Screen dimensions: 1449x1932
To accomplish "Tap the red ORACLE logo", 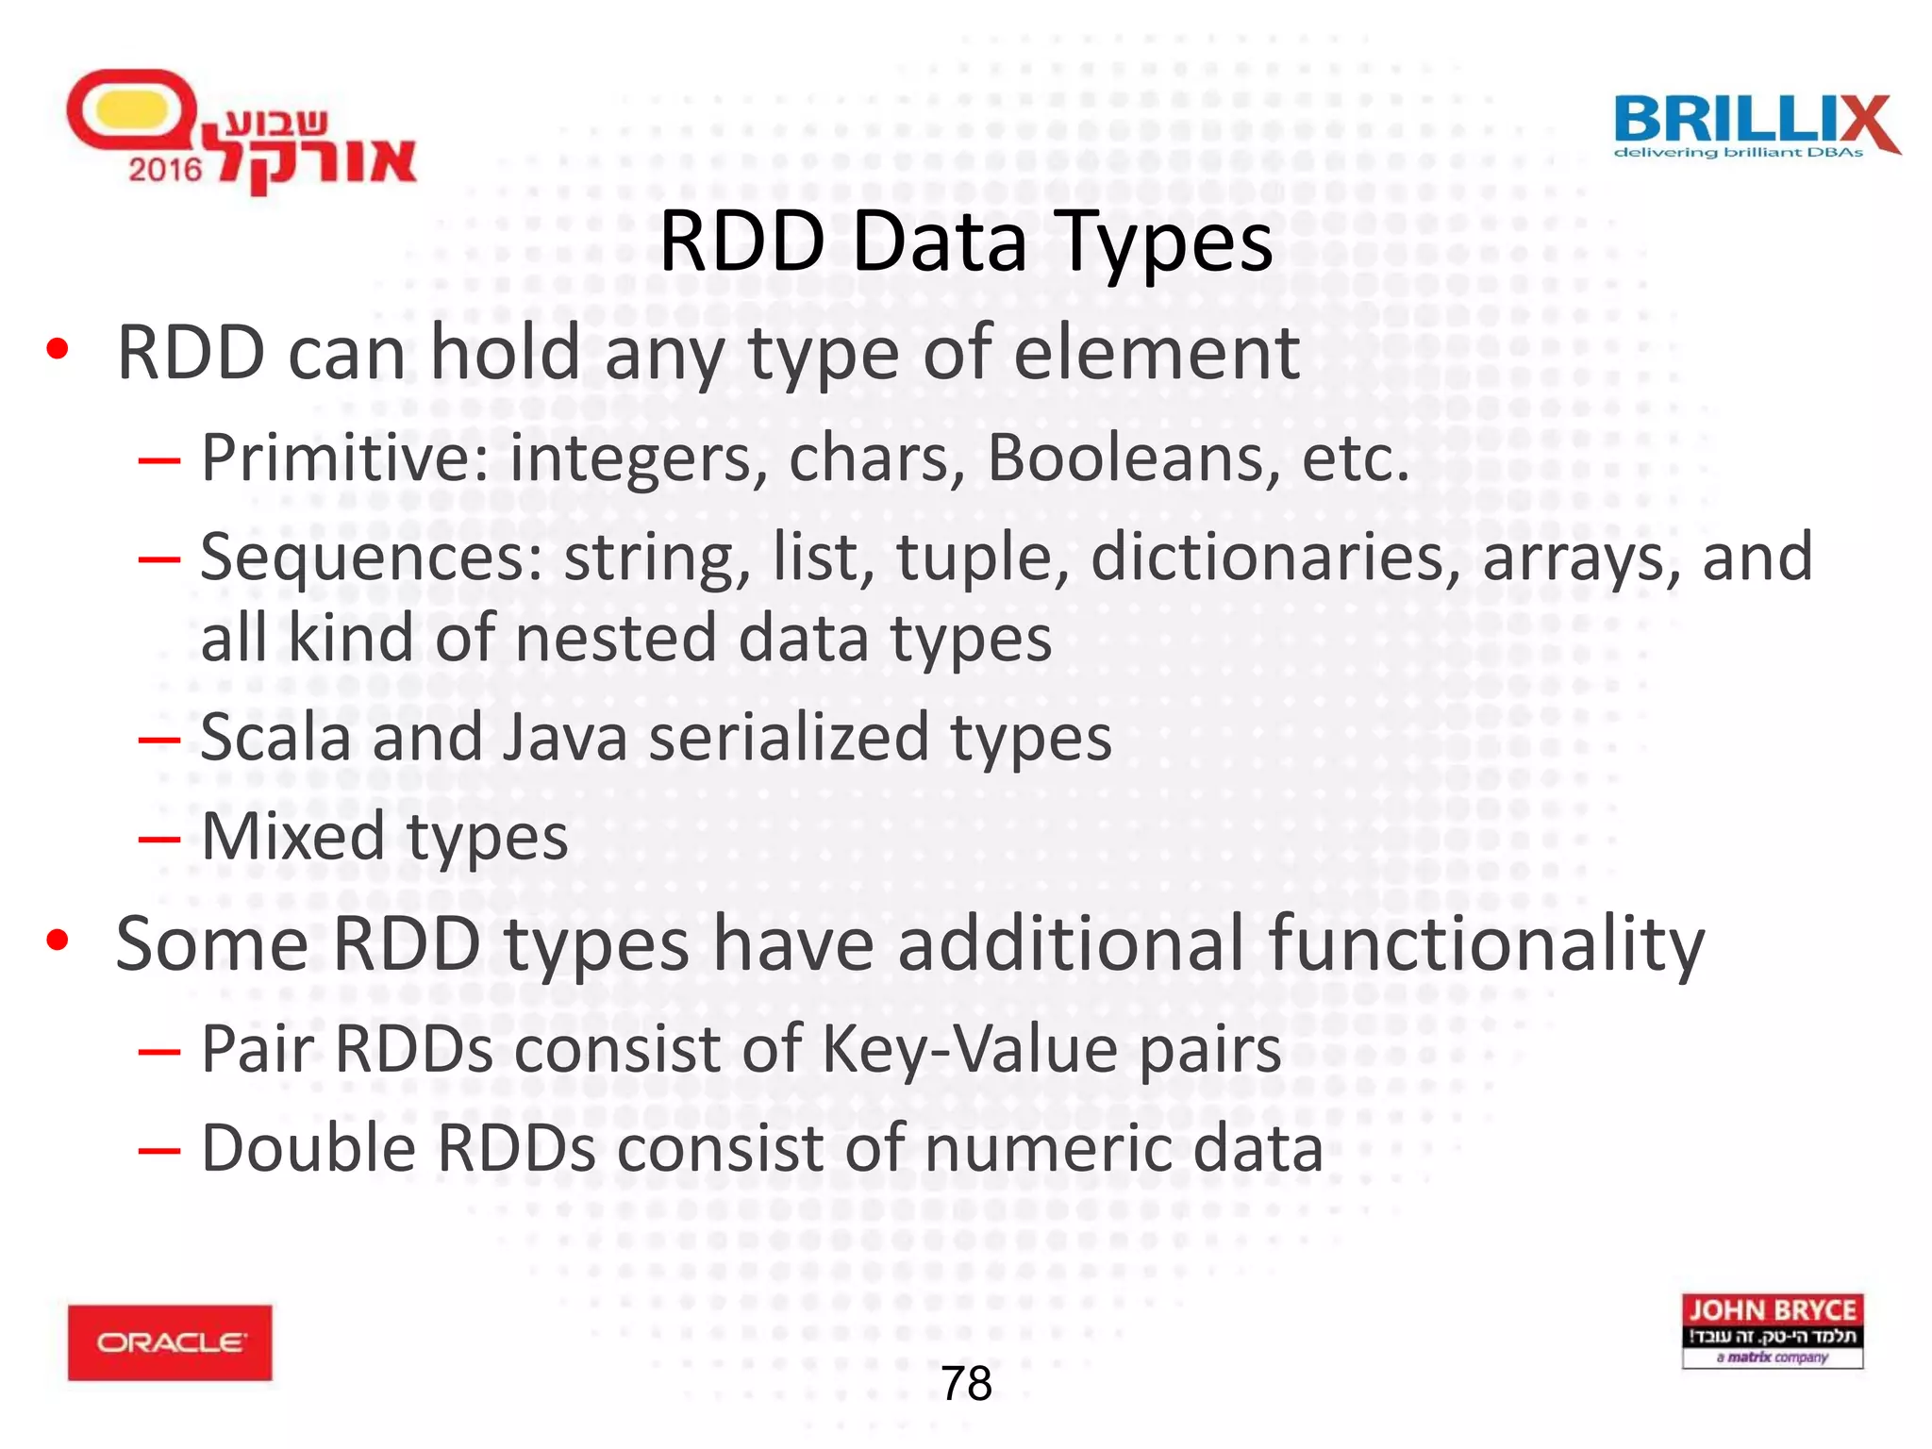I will [x=170, y=1342].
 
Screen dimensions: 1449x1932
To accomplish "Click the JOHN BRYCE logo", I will [x=1772, y=1330].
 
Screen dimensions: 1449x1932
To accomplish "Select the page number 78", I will [x=966, y=1384].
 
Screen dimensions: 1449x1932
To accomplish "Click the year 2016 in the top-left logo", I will [x=165, y=170].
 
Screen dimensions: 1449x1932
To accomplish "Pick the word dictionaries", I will [x=1268, y=557].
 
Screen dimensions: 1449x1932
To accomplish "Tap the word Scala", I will [x=275, y=737].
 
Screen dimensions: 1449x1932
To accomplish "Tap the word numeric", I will [x=1047, y=1148].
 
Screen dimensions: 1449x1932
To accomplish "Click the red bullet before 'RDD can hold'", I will [x=58, y=350].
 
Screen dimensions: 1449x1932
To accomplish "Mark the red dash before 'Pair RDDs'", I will [x=158, y=1051].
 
